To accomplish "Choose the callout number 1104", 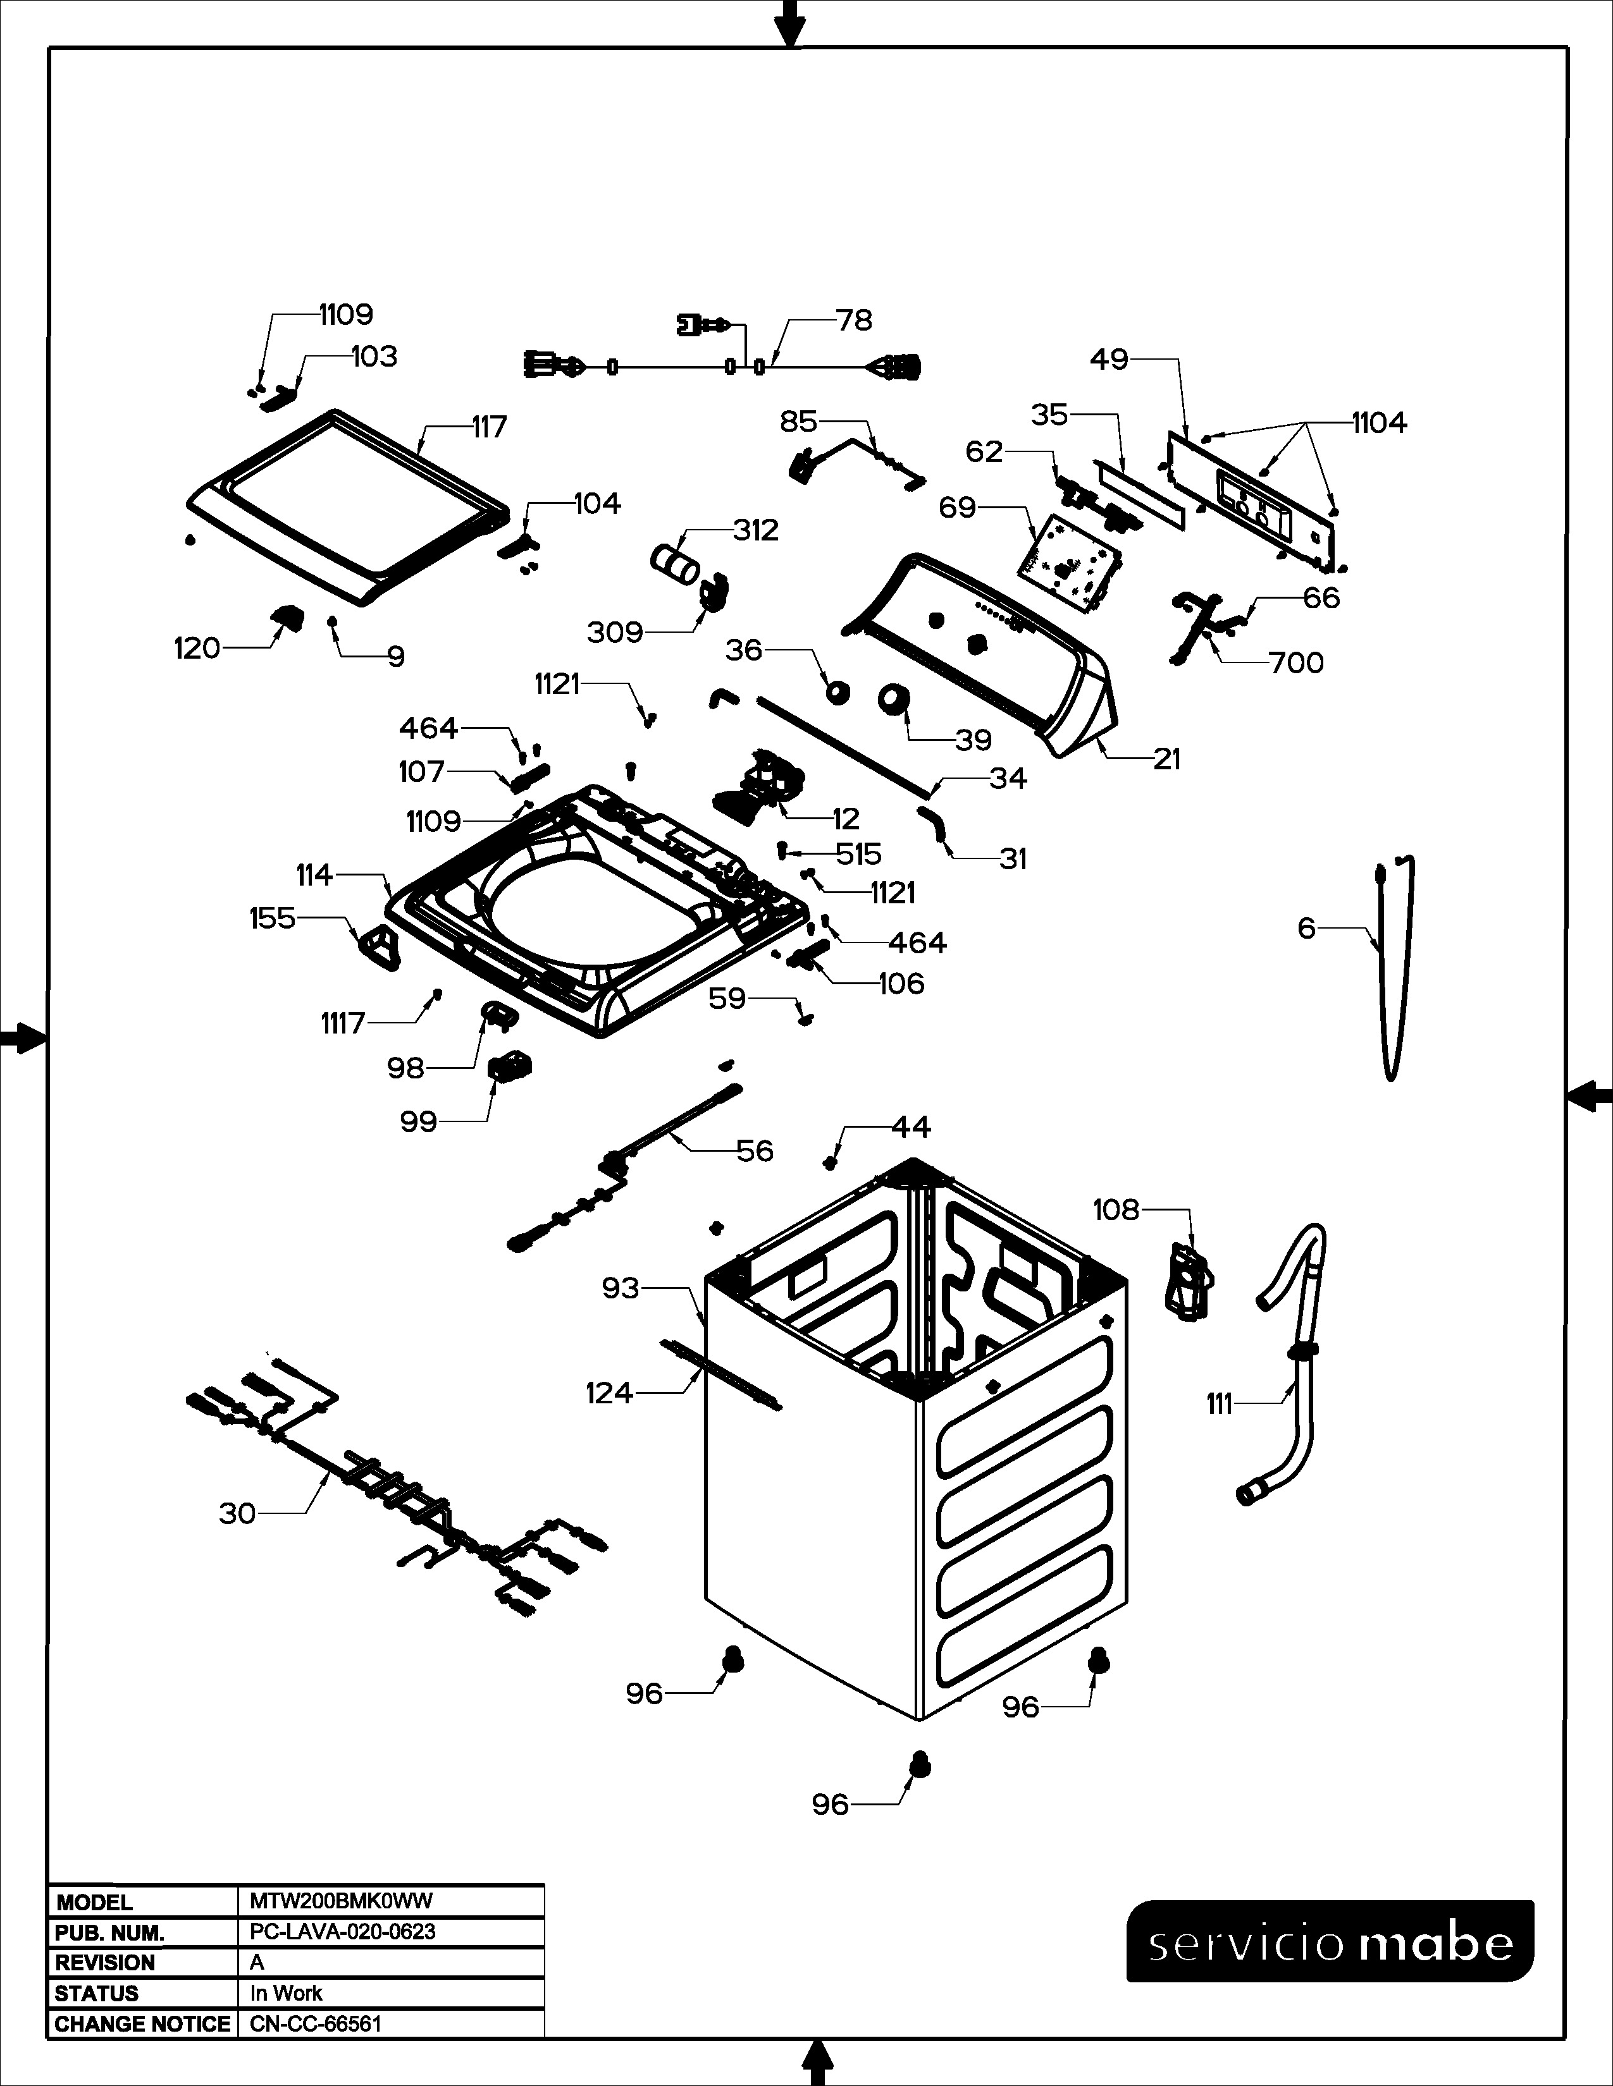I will [x=1379, y=422].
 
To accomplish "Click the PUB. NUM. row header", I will [x=110, y=1932].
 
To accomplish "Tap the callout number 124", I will [x=610, y=1394].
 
